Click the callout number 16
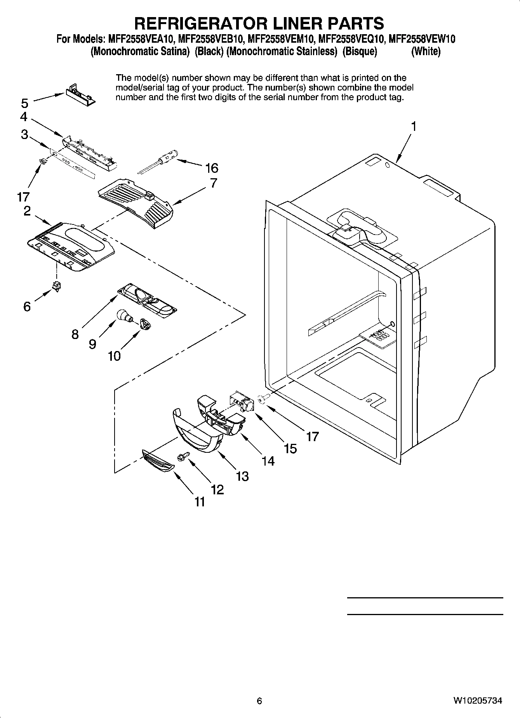[212, 168]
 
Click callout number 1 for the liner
[414, 126]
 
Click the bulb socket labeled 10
[145, 324]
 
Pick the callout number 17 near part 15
[312, 436]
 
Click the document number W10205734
[477, 701]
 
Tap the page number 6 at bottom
[259, 701]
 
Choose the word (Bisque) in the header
[360, 52]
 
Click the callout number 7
[214, 183]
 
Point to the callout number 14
[268, 461]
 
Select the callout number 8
[75, 334]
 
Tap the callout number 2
[27, 211]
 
